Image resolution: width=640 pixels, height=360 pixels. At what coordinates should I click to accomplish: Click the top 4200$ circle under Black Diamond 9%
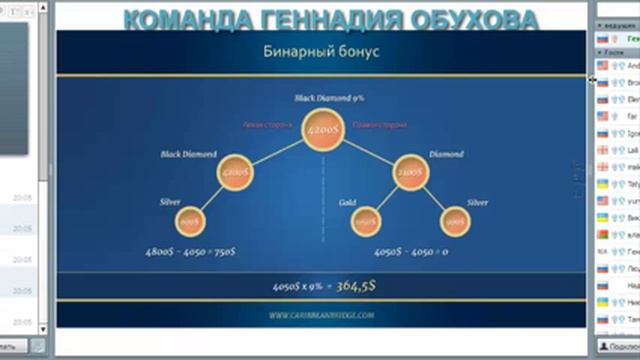tap(321, 130)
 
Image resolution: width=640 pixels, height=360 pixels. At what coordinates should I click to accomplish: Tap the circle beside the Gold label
tap(367, 220)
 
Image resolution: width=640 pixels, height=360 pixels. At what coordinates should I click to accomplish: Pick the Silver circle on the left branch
tap(188, 220)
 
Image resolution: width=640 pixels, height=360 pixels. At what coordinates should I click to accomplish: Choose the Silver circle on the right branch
tap(455, 220)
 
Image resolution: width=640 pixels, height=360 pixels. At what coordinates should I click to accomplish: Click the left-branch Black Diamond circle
tap(235, 172)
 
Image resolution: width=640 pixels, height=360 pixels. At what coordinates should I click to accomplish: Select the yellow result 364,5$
tap(358, 286)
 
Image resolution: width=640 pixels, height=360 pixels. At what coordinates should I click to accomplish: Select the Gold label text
tap(346, 202)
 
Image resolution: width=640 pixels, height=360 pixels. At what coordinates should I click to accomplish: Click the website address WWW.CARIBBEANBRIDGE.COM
tap(321, 315)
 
